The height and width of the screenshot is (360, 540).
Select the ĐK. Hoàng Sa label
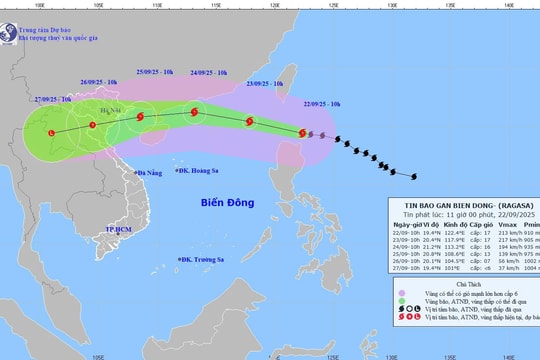point(201,171)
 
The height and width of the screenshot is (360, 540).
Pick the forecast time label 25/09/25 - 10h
point(152,73)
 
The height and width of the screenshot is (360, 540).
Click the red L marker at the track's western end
point(51,132)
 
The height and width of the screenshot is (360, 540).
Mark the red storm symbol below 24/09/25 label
point(195,113)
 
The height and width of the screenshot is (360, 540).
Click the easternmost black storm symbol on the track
point(414,177)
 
